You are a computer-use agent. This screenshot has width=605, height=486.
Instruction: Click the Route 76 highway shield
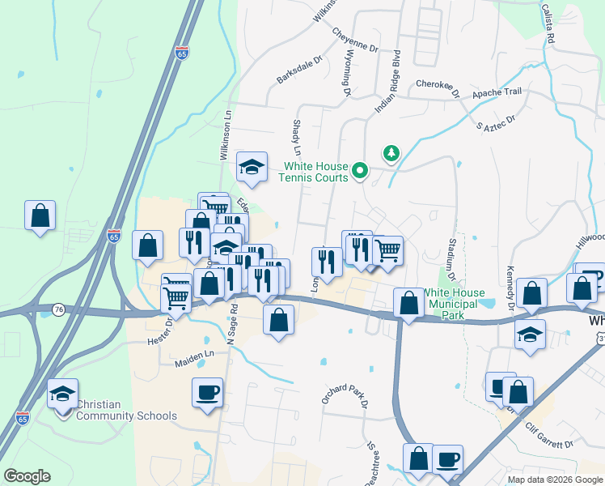(58, 309)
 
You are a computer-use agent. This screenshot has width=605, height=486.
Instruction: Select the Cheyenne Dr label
(355, 40)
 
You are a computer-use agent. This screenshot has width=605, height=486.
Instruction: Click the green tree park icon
(391, 152)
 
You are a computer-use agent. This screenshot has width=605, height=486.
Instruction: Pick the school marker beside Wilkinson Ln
(252, 167)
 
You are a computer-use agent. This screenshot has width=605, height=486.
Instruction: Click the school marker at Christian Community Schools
(63, 394)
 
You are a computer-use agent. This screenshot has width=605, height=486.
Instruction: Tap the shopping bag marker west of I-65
(40, 216)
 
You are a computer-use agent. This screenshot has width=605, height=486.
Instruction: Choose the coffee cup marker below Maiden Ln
(208, 393)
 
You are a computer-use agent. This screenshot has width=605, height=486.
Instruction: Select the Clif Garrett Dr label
(548, 435)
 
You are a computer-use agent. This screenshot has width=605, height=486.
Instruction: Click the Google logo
(27, 476)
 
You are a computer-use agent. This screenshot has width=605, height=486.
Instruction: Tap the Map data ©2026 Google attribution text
(554, 480)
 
